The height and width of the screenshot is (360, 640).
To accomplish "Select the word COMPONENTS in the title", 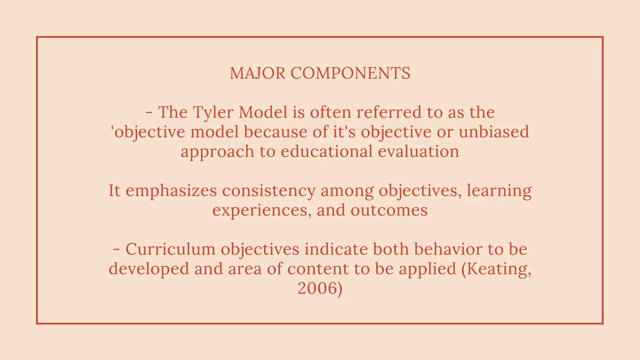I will coord(350,73).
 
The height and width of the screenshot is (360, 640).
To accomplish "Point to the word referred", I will coord(389,112).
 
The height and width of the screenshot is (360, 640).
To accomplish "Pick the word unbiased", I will coord(494,132).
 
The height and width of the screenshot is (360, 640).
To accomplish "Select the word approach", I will coord(217,151).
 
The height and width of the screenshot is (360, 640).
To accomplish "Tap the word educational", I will coord(327,151).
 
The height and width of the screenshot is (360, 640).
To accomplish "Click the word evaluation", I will coord(418,151).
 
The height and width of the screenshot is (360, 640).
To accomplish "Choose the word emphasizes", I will coord(171,191).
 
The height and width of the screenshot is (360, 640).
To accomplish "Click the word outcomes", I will coord(389,210).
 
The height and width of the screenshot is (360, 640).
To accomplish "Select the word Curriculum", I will coord(171,249).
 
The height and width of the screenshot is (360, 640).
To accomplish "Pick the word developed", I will coord(149,269).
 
